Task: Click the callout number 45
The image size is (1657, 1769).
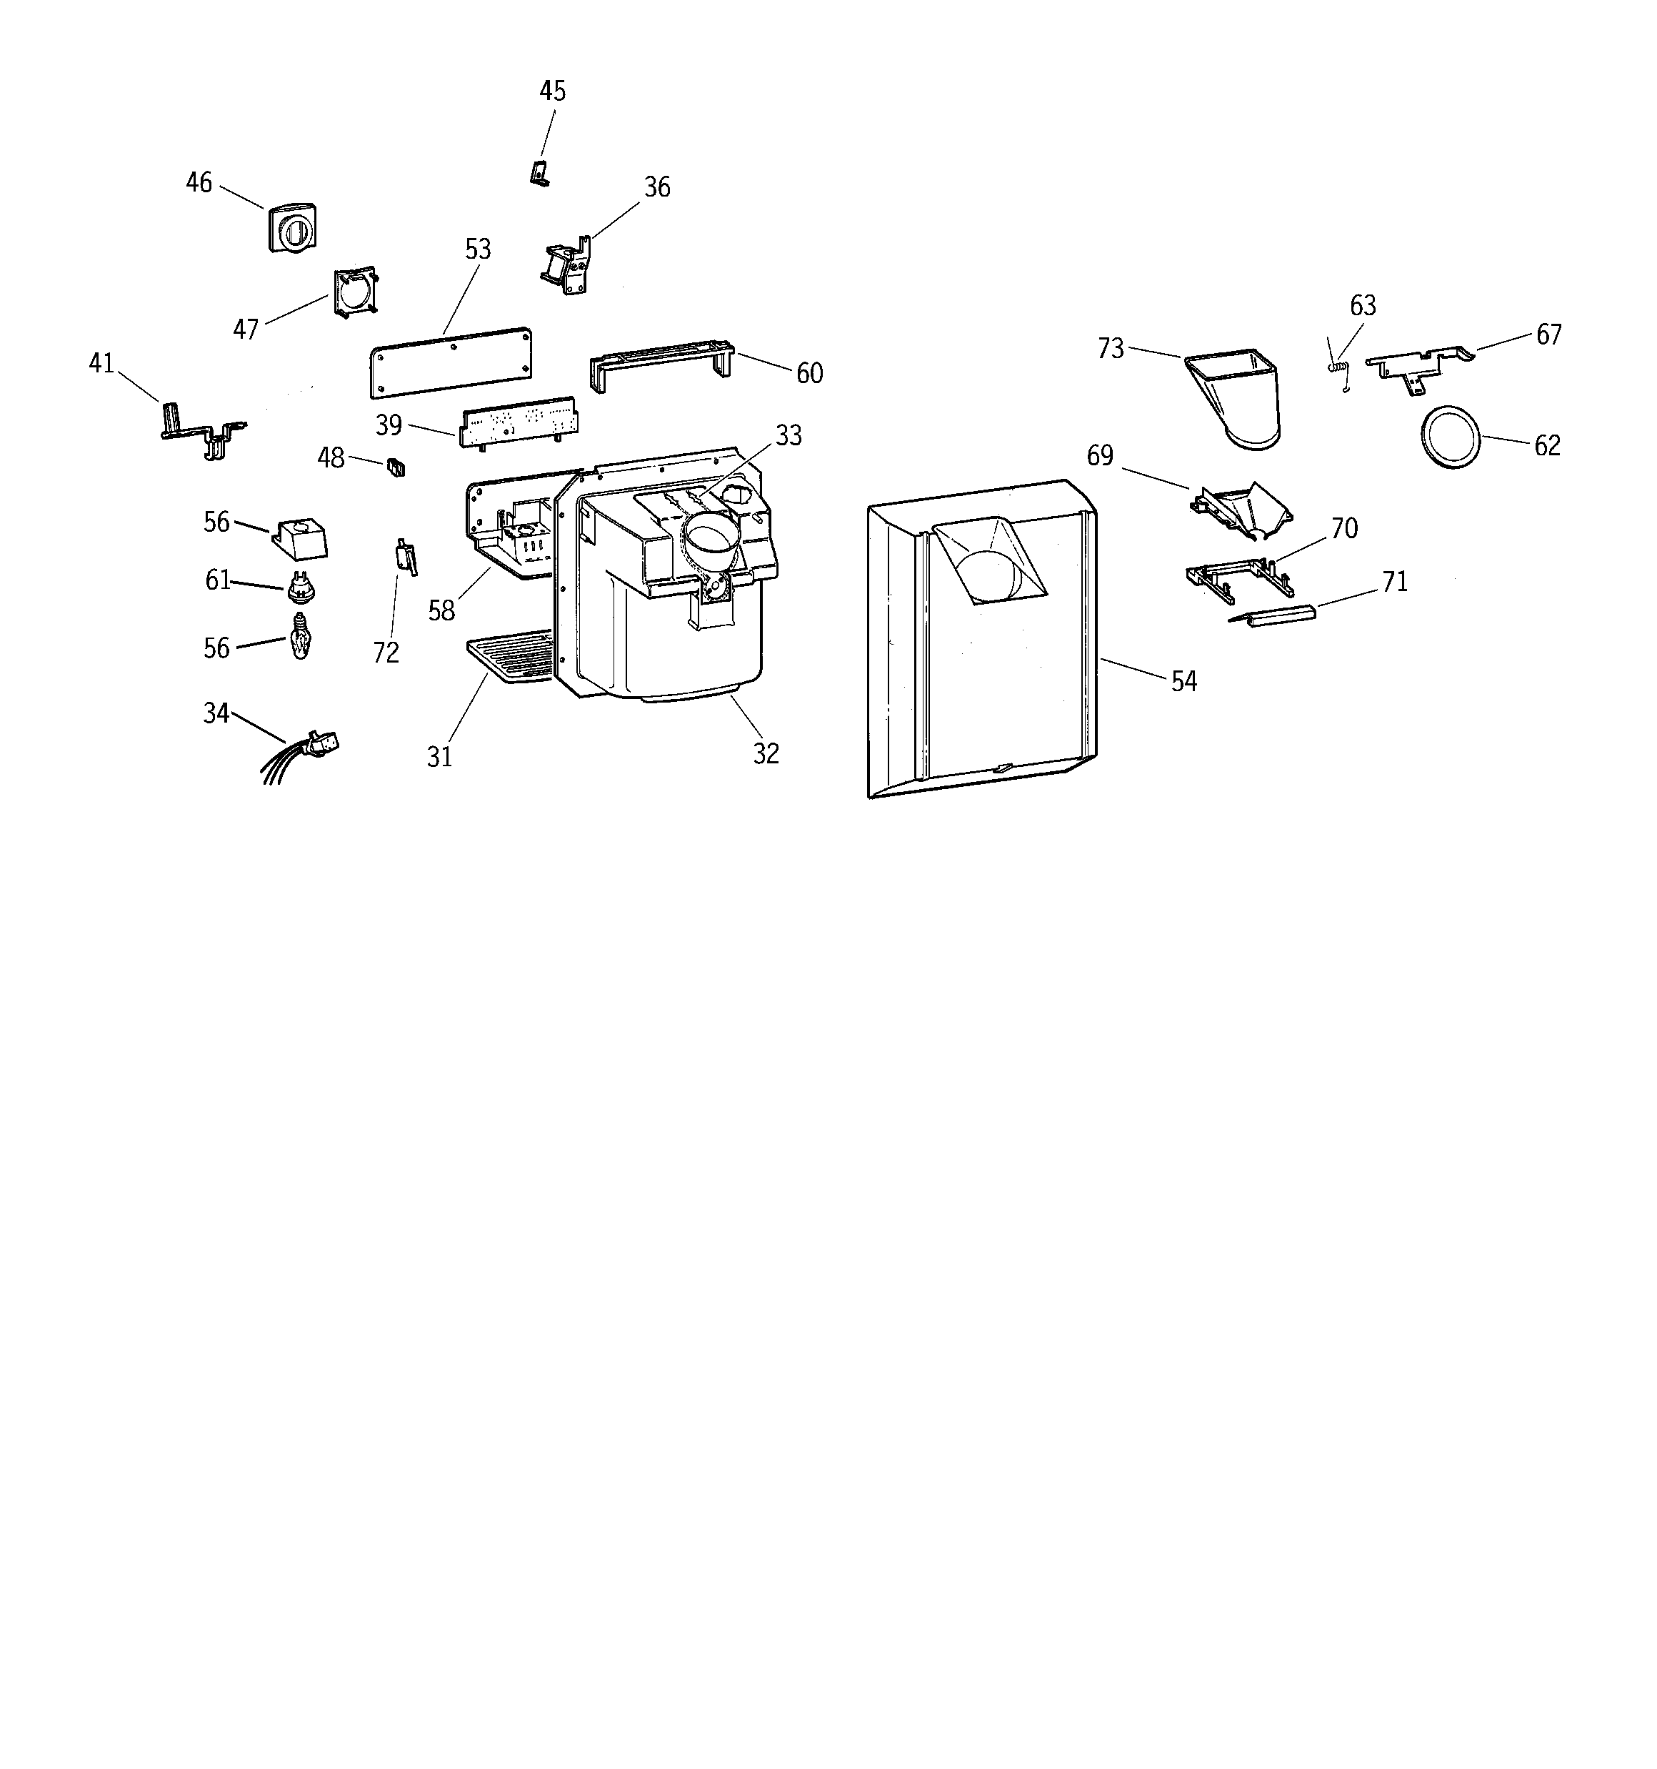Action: [552, 91]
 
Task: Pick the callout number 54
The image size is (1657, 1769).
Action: [1183, 682]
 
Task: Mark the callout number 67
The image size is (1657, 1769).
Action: [1548, 335]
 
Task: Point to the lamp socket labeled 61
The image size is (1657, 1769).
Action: [301, 586]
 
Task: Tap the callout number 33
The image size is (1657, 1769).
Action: [788, 436]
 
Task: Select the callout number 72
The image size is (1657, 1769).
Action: [386, 653]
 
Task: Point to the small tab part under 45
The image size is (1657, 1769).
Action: [540, 174]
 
